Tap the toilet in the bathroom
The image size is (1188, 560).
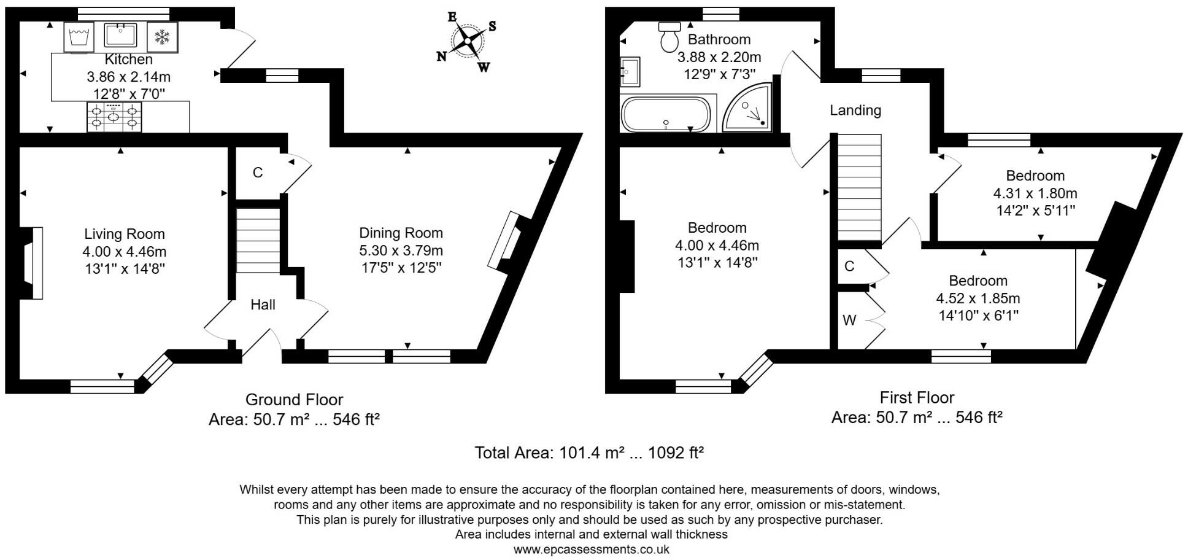669,37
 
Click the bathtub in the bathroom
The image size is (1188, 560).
666,114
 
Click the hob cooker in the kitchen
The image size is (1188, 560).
114,117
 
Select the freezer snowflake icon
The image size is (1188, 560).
162,37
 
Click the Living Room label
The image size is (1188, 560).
125,234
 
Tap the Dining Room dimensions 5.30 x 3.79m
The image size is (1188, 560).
401,251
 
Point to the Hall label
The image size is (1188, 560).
263,305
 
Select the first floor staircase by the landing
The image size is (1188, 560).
859,187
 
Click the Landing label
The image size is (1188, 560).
855,111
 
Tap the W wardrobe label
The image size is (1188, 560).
849,320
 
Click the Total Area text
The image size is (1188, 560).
589,453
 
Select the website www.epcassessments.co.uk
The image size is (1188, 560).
591,550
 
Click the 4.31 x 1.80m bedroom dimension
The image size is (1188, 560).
1035,193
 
